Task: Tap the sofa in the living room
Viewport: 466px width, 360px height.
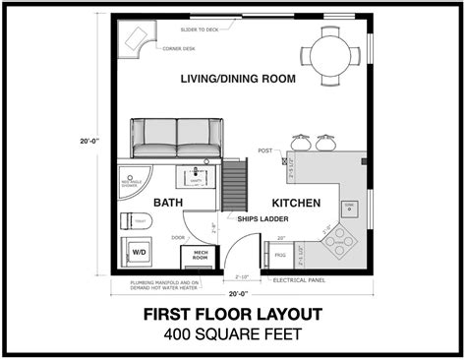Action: [177, 139]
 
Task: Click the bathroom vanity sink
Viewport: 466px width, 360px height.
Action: [194, 178]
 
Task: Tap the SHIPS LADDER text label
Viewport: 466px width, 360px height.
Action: [262, 219]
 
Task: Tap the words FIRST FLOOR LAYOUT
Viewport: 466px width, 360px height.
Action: [233, 318]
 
